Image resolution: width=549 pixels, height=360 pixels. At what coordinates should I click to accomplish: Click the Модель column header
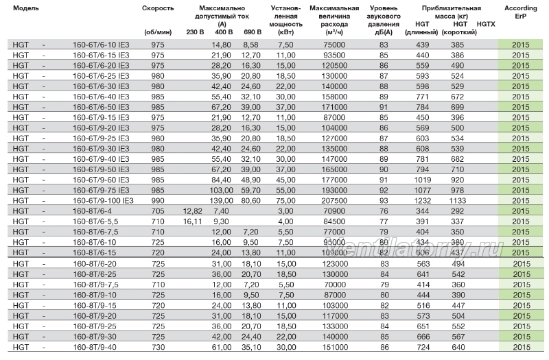26,8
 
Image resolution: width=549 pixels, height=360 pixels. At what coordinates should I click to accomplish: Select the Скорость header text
158,8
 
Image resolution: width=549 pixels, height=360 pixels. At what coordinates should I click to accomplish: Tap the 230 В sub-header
195,32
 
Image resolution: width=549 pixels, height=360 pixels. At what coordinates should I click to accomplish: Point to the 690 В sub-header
253,32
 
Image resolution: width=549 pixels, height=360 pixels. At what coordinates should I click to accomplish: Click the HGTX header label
486,24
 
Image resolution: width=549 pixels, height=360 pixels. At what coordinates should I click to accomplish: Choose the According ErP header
521,12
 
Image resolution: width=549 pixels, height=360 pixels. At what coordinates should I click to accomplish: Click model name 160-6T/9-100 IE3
104,201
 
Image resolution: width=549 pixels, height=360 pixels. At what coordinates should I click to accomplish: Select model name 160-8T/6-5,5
95,221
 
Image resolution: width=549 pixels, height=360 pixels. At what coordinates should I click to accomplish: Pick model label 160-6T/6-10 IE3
101,45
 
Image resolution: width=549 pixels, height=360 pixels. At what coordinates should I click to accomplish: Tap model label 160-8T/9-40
95,348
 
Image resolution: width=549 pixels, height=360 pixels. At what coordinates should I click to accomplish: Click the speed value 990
158,201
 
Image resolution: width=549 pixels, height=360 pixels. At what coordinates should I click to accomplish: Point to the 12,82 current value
193,211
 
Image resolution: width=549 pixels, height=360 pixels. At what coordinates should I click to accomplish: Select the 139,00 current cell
222,201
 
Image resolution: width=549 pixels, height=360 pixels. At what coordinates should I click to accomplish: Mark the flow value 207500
334,201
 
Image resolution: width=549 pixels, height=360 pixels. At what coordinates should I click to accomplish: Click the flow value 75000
334,45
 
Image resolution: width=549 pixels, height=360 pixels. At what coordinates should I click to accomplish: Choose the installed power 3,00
285,211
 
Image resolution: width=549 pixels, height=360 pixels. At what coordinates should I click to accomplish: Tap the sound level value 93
384,201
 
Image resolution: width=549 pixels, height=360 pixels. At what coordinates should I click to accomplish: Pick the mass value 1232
423,201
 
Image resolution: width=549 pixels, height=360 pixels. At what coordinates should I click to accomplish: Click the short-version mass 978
458,191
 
